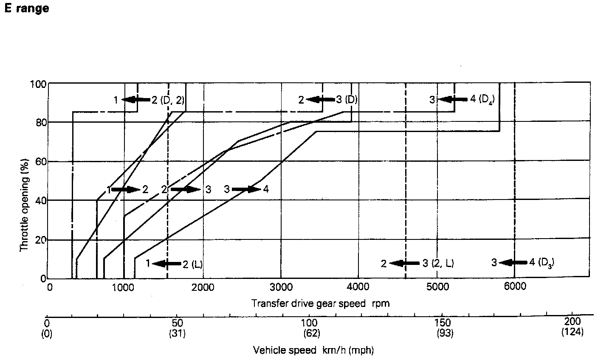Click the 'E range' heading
point(26,8)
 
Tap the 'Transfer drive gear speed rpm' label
point(320,304)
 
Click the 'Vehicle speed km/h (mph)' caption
point(313,350)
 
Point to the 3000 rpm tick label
point(281,287)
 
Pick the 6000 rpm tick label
point(514,287)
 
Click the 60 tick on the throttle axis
point(41,162)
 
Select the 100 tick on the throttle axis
point(39,84)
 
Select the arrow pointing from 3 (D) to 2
point(321,100)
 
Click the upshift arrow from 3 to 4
point(246,189)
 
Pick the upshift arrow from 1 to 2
point(126,189)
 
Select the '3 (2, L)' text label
point(438,264)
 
